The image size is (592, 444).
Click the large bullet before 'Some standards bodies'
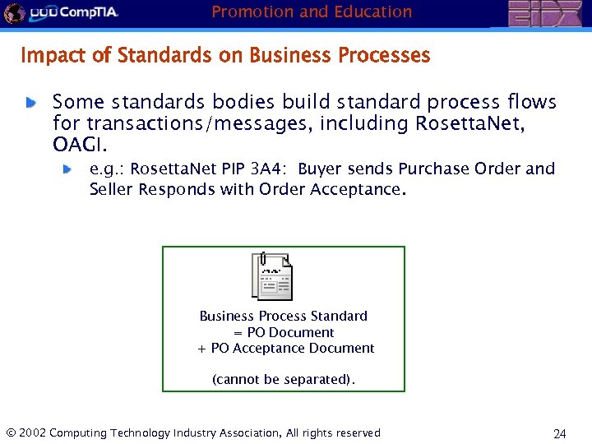point(30,103)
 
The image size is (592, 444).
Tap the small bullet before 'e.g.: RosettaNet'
point(70,169)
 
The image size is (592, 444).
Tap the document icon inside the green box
point(273,276)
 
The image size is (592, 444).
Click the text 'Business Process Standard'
point(284,316)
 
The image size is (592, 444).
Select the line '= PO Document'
point(284,332)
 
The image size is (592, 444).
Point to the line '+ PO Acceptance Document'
point(286,348)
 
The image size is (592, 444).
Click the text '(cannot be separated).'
point(284,379)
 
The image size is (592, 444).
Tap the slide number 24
point(560,433)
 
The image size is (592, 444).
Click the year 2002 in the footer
point(31,432)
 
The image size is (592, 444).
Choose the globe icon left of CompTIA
point(13,12)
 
